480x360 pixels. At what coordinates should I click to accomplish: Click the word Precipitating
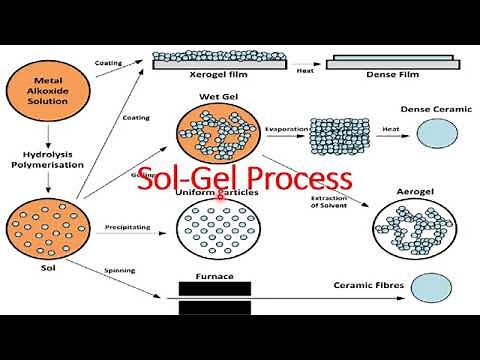(x=128, y=227)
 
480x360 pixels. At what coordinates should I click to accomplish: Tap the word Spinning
(x=120, y=270)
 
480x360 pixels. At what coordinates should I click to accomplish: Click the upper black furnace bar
(x=214, y=288)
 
